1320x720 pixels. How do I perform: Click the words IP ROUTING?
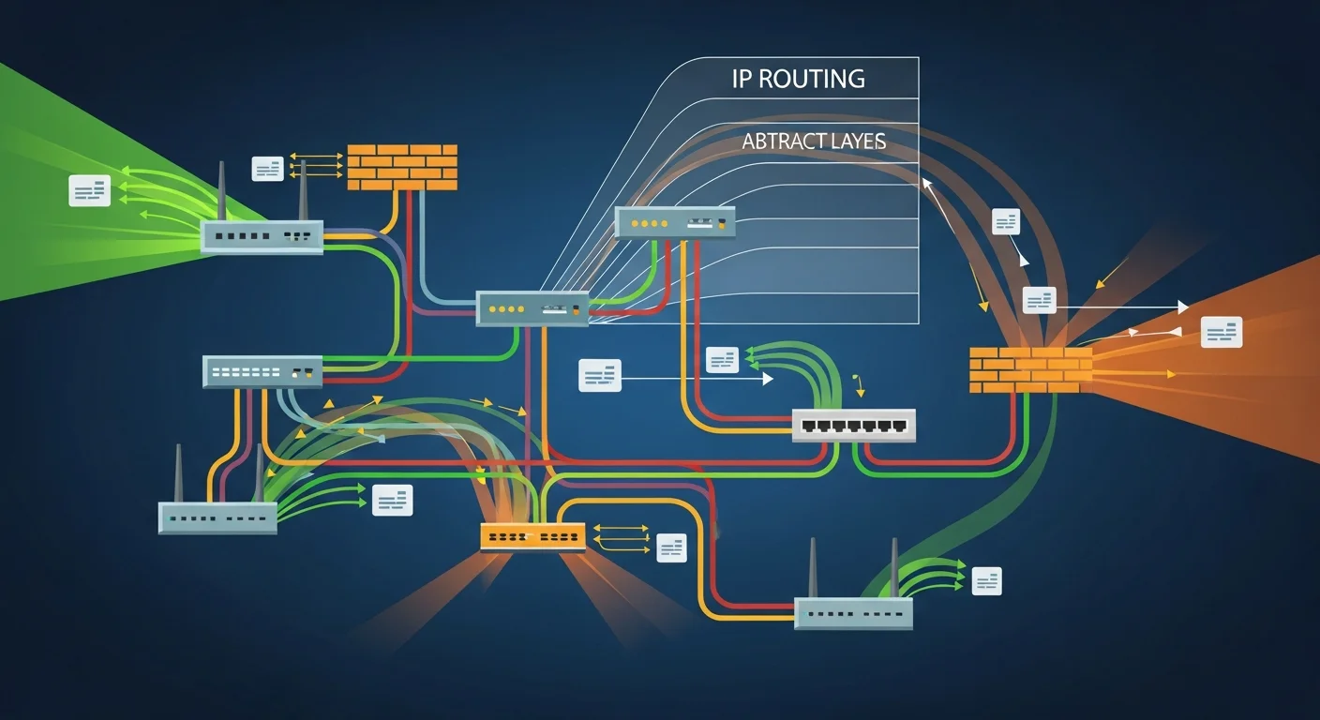pos(798,79)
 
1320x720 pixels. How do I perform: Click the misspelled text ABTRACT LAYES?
pos(814,142)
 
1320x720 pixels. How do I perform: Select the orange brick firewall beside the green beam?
pos(402,167)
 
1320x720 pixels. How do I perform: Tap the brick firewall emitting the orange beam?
pos(1030,369)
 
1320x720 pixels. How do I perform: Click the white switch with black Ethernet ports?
pos(853,425)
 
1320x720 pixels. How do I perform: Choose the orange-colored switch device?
pos(532,536)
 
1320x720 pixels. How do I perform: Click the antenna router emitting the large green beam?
pos(262,236)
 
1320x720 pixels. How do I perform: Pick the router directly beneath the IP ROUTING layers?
pos(675,223)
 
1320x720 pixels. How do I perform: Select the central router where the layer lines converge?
pos(532,308)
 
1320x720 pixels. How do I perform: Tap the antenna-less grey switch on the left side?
pos(262,371)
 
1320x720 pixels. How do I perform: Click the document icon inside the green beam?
pos(90,190)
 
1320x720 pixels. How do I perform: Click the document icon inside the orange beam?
pos(1222,332)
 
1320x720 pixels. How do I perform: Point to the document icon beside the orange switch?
pos(671,547)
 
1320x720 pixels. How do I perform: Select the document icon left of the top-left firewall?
pos(267,169)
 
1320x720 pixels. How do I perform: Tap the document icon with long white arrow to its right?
pos(600,375)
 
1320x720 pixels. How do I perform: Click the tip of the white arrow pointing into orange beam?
pos(1187,307)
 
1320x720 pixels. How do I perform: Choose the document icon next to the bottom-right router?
pos(986,581)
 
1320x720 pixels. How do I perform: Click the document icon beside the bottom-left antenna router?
pos(392,500)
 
